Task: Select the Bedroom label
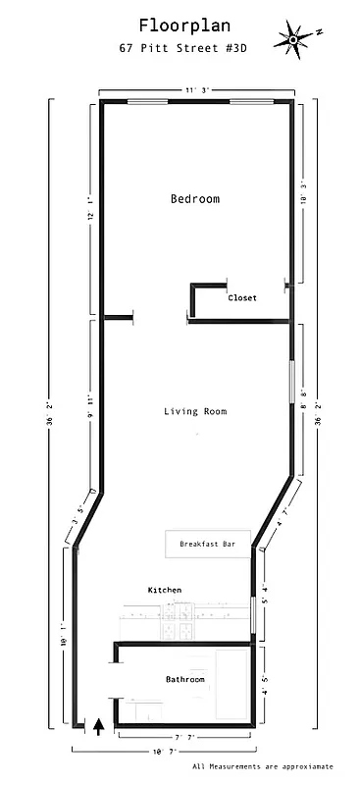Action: (x=194, y=199)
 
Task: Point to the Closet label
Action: (x=242, y=298)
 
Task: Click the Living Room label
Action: (x=194, y=411)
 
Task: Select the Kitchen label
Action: (x=165, y=590)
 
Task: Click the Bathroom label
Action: (x=184, y=679)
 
